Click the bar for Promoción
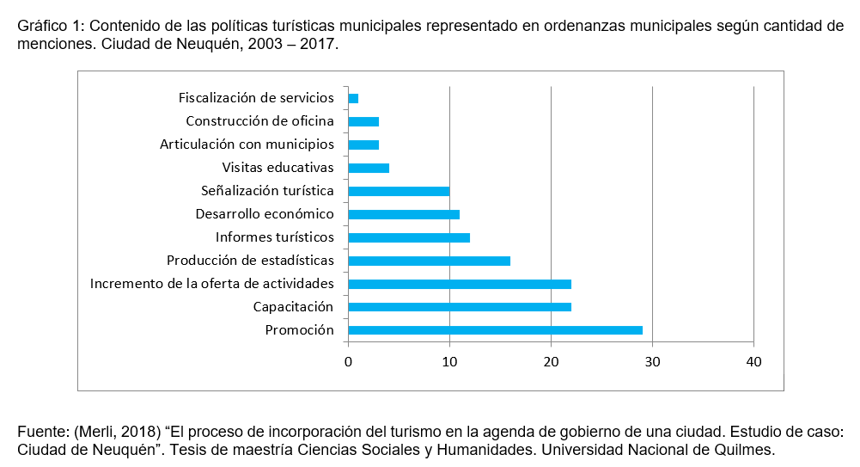[495, 330]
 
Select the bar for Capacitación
[460, 307]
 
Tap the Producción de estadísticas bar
[429, 261]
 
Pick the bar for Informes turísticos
[409, 237]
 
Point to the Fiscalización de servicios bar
[353, 98]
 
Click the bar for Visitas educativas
[369, 168]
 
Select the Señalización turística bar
[399, 191]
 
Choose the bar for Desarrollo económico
[404, 214]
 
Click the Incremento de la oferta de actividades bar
[460, 284]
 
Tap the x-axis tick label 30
[652, 362]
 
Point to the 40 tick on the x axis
[753, 362]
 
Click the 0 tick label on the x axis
[348, 362]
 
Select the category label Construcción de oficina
[259, 120]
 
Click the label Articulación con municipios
[247, 144]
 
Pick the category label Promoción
[299, 330]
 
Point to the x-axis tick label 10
[449, 362]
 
